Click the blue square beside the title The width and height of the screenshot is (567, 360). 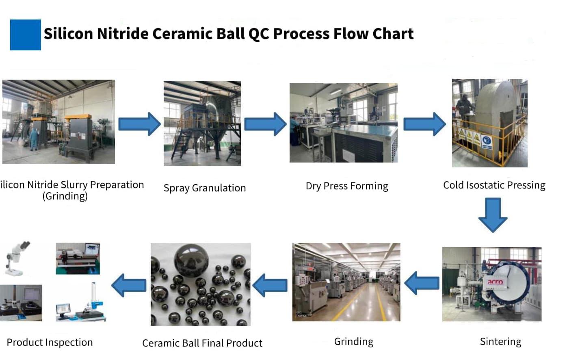(25, 35)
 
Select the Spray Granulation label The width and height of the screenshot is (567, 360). (205, 188)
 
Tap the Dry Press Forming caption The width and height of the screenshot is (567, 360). (347, 186)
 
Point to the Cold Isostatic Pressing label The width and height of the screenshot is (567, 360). (494, 185)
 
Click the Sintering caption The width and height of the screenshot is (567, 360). (500, 342)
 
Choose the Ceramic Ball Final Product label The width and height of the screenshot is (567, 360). (202, 343)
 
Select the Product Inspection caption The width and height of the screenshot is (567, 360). (50, 343)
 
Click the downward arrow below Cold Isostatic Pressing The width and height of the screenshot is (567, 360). (493, 215)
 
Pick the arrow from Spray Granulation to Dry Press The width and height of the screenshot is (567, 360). (265, 124)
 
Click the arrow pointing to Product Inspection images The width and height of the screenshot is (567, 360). (129, 285)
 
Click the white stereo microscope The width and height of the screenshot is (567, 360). (17, 258)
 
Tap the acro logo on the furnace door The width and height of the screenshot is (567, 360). (495, 282)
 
